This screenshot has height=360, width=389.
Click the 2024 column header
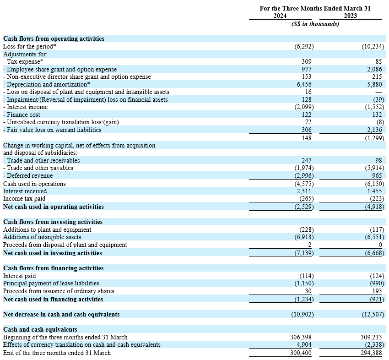pyautogui.click(x=280, y=16)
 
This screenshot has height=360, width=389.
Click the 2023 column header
pyautogui.click(x=350, y=16)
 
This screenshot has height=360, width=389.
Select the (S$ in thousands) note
pyautogui.click(x=315, y=24)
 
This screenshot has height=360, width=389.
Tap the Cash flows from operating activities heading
pyautogui.click(x=54, y=39)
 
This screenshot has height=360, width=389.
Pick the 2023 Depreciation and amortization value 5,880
pyautogui.click(x=375, y=84)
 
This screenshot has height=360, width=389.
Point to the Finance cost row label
pyautogui.click(x=22, y=115)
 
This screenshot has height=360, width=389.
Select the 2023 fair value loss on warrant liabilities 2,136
pyautogui.click(x=375, y=130)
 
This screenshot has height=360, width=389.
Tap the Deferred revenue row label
pyautogui.click(x=28, y=175)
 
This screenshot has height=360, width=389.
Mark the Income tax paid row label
pyautogui.click(x=24, y=199)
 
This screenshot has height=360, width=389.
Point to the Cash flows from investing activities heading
pyautogui.click(x=53, y=222)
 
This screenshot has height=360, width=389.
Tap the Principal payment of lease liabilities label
pyautogui.click(x=51, y=284)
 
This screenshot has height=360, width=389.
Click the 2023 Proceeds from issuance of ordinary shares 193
pyautogui.click(x=378, y=291)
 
